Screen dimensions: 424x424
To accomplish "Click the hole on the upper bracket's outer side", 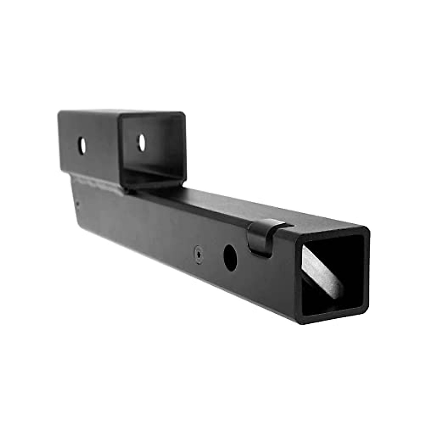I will point(82,146).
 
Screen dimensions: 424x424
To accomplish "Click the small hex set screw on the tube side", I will point(199,253).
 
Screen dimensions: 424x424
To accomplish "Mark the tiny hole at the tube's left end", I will point(78,203).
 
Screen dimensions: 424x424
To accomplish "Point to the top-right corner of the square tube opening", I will point(367,230).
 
